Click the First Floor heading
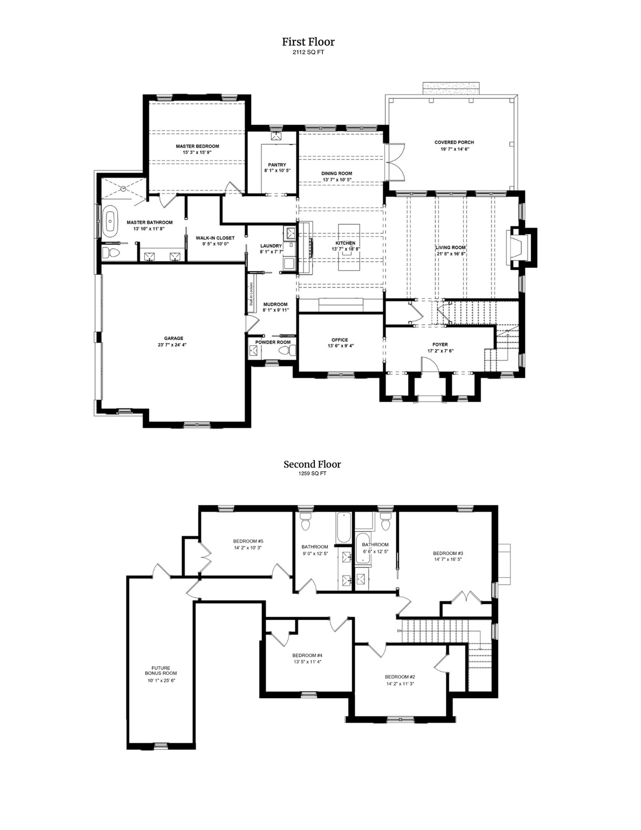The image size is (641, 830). click(x=308, y=42)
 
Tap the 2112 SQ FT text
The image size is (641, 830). click(x=308, y=53)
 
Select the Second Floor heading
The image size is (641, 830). click(x=312, y=464)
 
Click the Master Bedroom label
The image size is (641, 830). click(x=197, y=146)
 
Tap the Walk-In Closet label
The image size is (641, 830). click(x=215, y=238)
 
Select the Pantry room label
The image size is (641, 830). click(x=277, y=165)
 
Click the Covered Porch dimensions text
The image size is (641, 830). click(x=454, y=149)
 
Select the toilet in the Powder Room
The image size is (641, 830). click(x=286, y=352)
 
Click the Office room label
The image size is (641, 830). click(x=340, y=340)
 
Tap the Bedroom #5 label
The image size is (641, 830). click(x=248, y=541)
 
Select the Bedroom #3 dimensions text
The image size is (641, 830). click(x=448, y=560)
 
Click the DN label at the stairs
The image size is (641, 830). click(x=400, y=631)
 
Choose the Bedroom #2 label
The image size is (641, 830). click(x=400, y=677)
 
